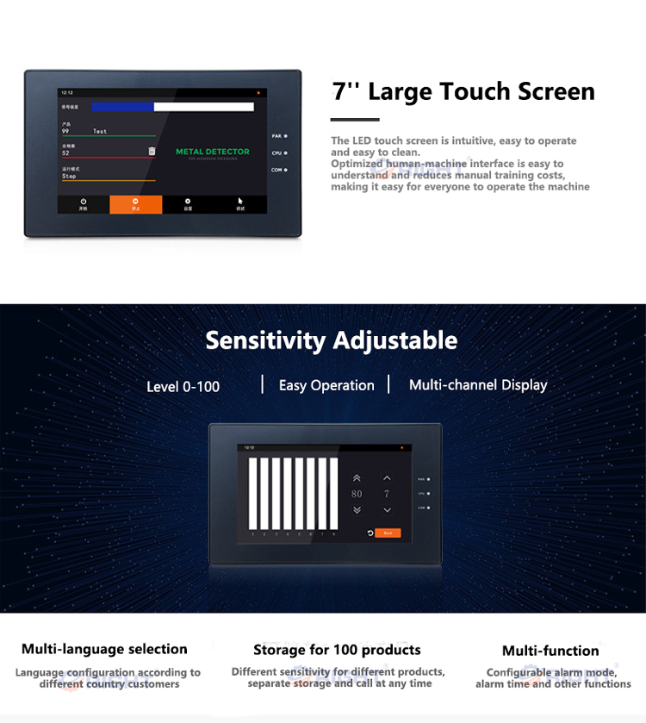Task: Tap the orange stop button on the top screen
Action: (x=135, y=204)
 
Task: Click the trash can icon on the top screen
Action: (x=152, y=151)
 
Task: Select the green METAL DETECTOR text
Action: (x=213, y=152)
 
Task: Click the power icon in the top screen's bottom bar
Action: (x=84, y=201)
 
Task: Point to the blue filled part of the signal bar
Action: (x=122, y=107)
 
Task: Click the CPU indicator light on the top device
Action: (x=285, y=153)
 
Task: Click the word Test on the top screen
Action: (x=100, y=132)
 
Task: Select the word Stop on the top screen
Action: (x=69, y=176)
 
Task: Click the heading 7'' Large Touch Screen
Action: (x=463, y=91)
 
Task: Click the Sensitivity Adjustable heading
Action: (x=331, y=340)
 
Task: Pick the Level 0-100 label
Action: (x=183, y=387)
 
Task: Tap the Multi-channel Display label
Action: (x=478, y=385)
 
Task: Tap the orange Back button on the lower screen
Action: (x=388, y=533)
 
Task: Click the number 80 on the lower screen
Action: (x=357, y=494)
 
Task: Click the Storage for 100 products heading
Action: (x=337, y=650)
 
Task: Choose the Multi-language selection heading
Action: (x=104, y=649)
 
